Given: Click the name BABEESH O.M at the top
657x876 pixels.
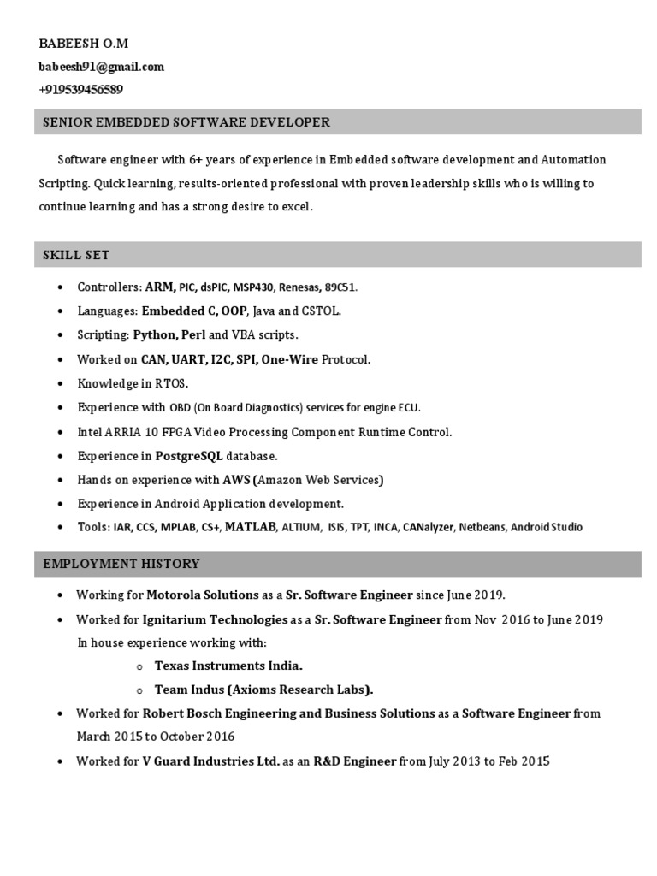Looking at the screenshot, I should coord(83,43).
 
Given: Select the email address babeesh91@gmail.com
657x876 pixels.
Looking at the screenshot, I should coord(101,66).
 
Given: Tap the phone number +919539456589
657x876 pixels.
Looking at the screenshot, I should coord(80,89).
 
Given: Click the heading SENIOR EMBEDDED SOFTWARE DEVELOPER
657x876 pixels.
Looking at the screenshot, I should coord(186,122).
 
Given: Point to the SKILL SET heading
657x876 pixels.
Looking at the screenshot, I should coord(76,255).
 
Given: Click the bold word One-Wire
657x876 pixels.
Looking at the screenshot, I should coord(290,359).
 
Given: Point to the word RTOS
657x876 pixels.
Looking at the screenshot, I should coord(172,383).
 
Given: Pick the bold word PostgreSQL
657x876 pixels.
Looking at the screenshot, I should coord(183,456).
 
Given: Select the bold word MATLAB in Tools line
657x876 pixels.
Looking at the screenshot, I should coord(251,527).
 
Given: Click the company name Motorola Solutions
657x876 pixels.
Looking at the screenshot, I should coord(202,595).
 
